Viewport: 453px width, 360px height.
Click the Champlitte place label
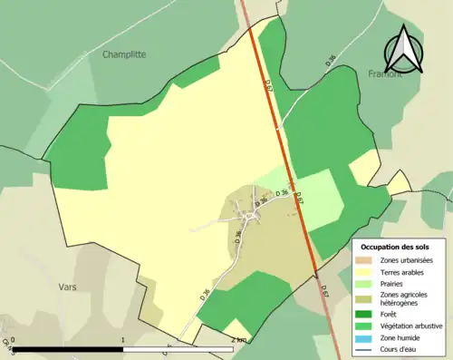tap(124, 54)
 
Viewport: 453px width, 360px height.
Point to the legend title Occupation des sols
tap(401, 247)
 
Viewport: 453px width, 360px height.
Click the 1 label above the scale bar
tap(122, 340)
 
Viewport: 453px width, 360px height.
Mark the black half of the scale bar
tap(68, 349)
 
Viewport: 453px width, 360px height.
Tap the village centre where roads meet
tap(246, 216)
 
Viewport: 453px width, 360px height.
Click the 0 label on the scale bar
tap(13, 340)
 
